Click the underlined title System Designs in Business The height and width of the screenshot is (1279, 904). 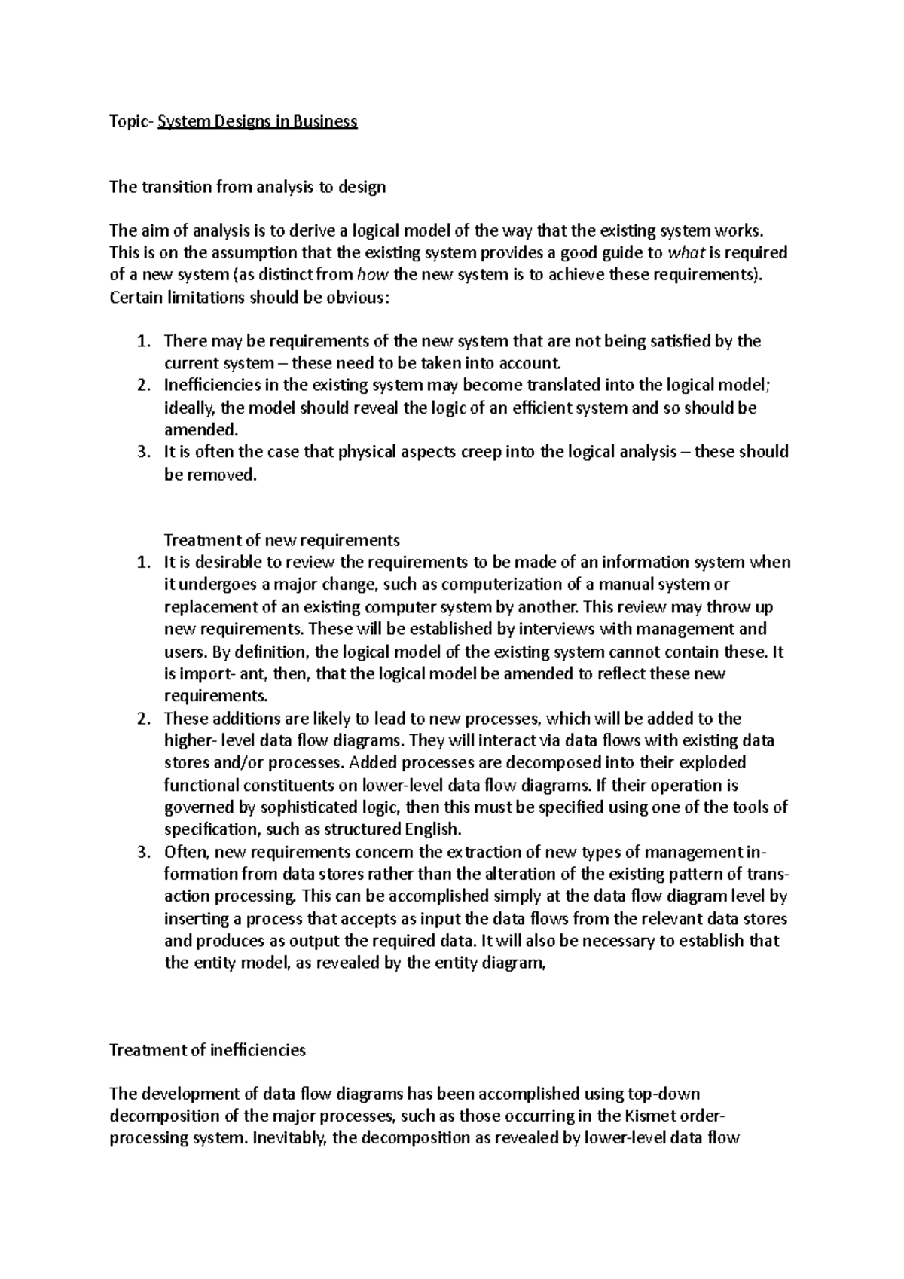pyautogui.click(x=257, y=121)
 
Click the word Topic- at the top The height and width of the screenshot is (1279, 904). pyautogui.click(x=131, y=121)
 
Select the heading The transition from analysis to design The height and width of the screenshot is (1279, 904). pyautogui.click(x=247, y=187)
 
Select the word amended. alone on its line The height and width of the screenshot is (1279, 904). pyautogui.click(x=201, y=430)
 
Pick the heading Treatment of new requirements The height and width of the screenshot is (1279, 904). pyautogui.click(x=282, y=540)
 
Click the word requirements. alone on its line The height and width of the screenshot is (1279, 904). pyautogui.click(x=215, y=695)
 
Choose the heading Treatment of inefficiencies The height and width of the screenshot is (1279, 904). pyautogui.click(x=207, y=1050)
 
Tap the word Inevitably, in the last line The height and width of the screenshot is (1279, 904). pyautogui.click(x=289, y=1138)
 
